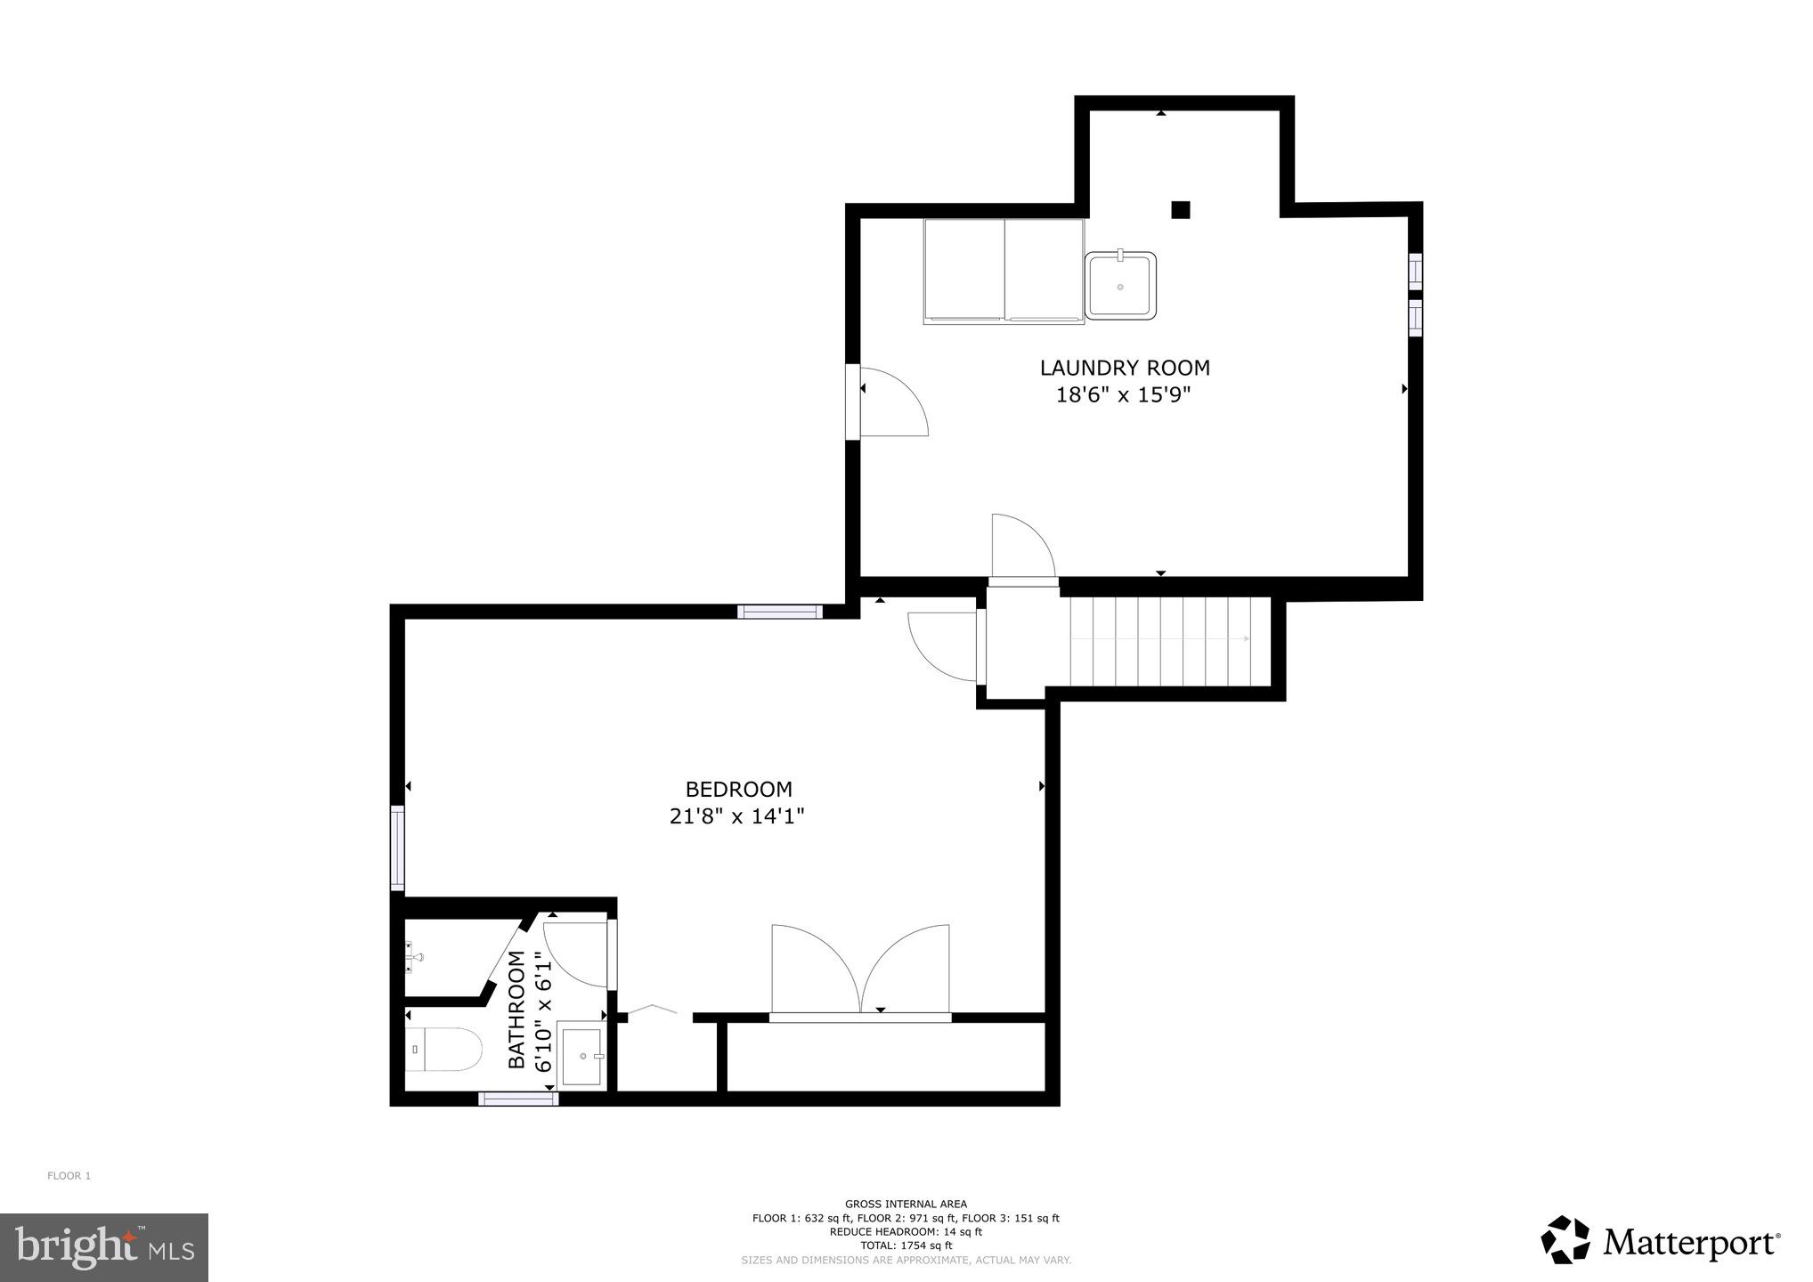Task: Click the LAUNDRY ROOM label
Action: pyautogui.click(x=1125, y=368)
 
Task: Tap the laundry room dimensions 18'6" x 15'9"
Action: pyautogui.click(x=1123, y=395)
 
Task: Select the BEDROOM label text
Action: pyautogui.click(x=738, y=790)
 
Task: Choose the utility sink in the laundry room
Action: pyautogui.click(x=1120, y=285)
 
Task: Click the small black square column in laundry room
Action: pyautogui.click(x=1180, y=210)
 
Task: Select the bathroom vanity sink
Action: pyautogui.click(x=581, y=1057)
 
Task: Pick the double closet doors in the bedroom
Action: pyautogui.click(x=860, y=970)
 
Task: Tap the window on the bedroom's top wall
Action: pyautogui.click(x=780, y=611)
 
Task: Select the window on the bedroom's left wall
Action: pyautogui.click(x=397, y=847)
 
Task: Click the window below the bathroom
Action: pyautogui.click(x=518, y=1099)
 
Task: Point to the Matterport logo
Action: pyautogui.click(x=1660, y=1240)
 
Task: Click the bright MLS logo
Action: pyautogui.click(x=104, y=1246)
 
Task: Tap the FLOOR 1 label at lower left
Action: pyautogui.click(x=69, y=1176)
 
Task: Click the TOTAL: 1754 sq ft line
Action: pyautogui.click(x=906, y=1245)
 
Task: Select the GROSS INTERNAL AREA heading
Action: pyautogui.click(x=906, y=1204)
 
